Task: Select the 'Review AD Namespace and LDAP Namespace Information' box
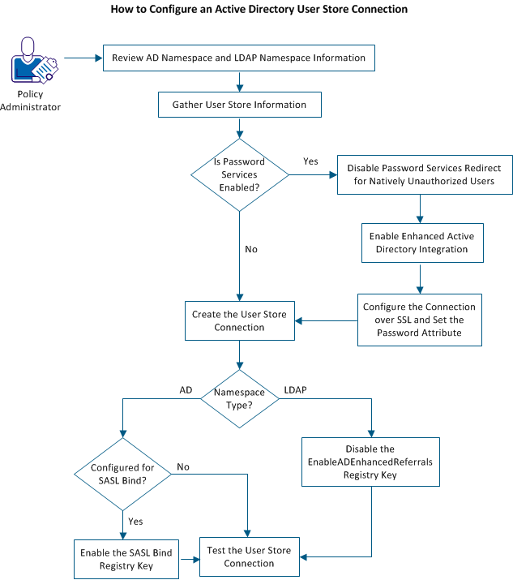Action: pos(239,58)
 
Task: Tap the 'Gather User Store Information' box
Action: pos(239,105)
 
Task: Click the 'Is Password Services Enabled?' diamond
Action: pos(239,174)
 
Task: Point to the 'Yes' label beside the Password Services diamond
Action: pos(310,161)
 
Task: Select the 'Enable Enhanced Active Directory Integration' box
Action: pos(421,243)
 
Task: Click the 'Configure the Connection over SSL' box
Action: pos(419,320)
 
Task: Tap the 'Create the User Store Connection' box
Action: pos(239,320)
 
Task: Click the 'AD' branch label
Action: pos(186,389)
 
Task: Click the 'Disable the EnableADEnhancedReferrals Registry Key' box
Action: pos(370,462)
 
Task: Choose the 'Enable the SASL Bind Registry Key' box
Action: pos(125,559)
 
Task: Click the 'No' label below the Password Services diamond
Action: pos(251,249)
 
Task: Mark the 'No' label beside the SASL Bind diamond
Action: pos(183,467)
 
